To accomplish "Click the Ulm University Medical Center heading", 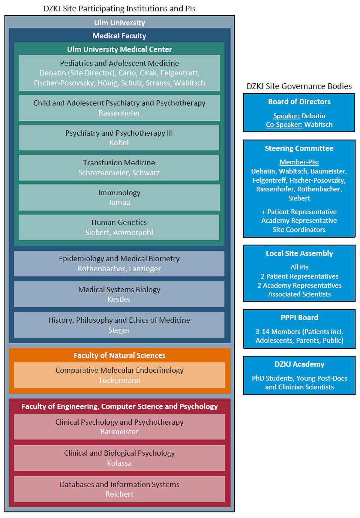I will coord(119,49).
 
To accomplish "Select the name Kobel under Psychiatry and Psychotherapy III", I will coord(119,143).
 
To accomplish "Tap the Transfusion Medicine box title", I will coord(119,163).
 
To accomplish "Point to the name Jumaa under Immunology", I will coord(119,203).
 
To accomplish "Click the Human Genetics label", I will coord(119,222).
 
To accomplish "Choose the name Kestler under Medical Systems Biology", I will coord(119,299).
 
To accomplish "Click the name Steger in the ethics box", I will coord(119,330).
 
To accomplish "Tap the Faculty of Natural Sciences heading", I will coord(119,355).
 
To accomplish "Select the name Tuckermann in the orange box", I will coord(119,380).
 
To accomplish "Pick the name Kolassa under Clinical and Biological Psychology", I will coord(119,463).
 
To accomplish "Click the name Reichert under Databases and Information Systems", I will coord(119,494).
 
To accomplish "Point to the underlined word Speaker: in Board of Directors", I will coord(286,116).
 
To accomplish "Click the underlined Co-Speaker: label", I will coord(284,125).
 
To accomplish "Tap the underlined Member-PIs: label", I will coord(299,162).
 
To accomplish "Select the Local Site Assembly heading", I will coord(299,253).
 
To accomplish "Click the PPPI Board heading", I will coord(299,318).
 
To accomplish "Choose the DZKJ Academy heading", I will coord(299,364).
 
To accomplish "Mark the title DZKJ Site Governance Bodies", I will coord(299,86).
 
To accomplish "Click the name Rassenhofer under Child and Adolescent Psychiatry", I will coord(119,113).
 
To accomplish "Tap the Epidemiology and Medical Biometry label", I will coord(119,259).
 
